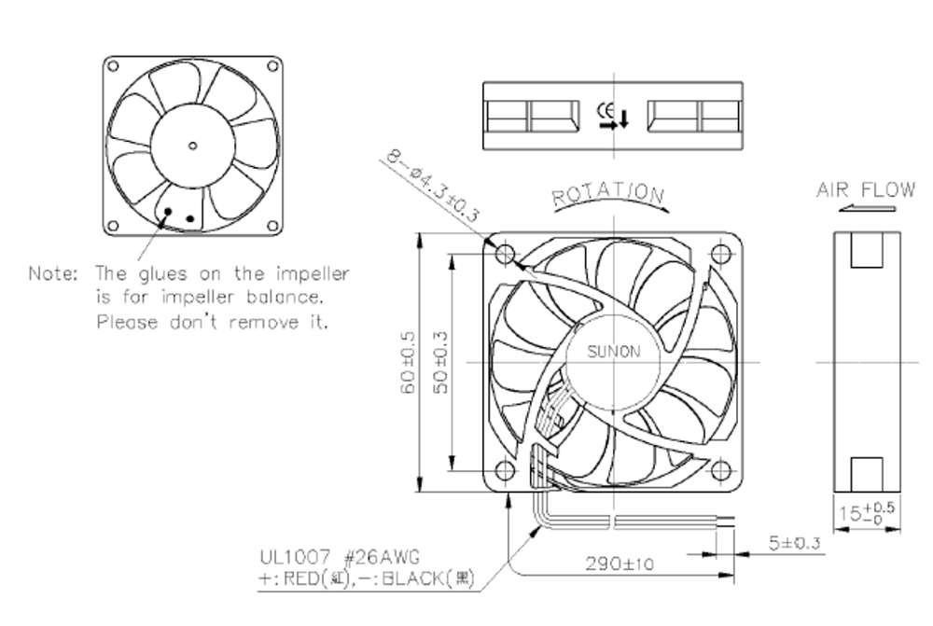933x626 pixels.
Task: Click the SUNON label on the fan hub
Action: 614,351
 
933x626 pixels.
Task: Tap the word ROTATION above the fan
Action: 608,194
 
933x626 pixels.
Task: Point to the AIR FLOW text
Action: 866,189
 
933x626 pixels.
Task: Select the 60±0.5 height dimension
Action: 409,363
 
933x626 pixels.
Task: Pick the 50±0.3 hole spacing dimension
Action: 441,362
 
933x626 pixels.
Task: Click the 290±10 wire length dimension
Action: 620,563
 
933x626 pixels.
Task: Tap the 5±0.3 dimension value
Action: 794,543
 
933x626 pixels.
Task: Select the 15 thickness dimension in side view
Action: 867,512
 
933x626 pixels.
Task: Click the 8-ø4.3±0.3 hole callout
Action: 433,185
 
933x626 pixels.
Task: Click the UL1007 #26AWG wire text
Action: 340,557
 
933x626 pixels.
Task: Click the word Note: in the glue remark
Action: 53,273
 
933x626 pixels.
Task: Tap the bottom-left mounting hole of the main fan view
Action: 505,471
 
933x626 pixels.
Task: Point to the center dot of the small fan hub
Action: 192,146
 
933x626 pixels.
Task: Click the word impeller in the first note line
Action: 313,273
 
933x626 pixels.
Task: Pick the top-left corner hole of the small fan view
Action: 113,66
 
